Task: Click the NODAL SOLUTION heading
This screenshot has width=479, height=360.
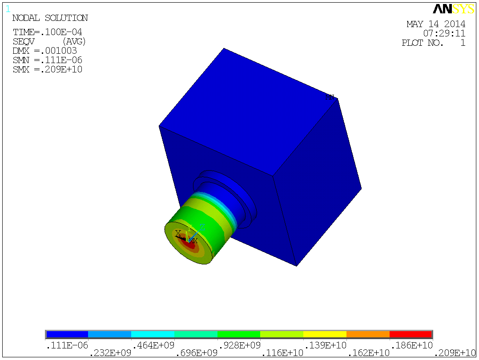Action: (x=50, y=18)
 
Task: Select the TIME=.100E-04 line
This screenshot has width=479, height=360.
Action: (x=47, y=32)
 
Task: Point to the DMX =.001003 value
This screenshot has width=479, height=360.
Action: (x=44, y=51)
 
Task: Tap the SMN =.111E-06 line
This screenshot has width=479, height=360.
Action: (x=47, y=60)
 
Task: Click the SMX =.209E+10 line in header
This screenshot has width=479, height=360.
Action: (x=47, y=69)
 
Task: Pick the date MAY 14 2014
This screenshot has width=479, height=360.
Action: (x=436, y=24)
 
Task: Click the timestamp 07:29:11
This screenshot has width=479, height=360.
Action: (x=444, y=33)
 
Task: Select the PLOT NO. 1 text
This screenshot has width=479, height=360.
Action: (x=433, y=43)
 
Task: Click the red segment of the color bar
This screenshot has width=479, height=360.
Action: (x=411, y=334)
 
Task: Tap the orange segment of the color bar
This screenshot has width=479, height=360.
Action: (x=368, y=334)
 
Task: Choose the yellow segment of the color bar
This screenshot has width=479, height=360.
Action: (x=325, y=334)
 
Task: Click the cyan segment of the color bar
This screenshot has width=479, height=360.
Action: (x=153, y=334)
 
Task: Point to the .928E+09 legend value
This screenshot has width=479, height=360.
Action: (x=239, y=344)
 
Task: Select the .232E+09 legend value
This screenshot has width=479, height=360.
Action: (x=110, y=353)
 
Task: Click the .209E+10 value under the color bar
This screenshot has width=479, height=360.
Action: (x=454, y=353)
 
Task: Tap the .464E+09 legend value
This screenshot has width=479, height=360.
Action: (x=153, y=344)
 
